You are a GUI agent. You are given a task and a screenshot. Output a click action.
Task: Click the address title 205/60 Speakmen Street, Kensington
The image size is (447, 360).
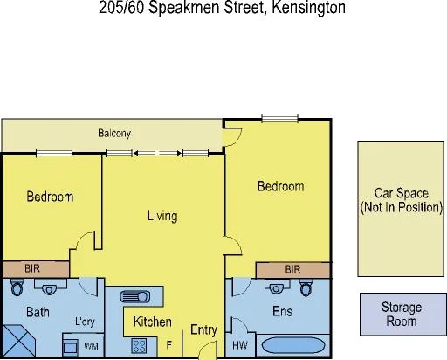pos(223,9)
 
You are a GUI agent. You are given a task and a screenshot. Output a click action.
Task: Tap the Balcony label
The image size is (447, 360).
pos(113,134)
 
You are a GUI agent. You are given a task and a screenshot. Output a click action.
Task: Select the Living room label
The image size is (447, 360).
pos(162,216)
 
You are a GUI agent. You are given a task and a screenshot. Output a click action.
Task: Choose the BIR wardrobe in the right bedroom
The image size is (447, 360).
pos(293,268)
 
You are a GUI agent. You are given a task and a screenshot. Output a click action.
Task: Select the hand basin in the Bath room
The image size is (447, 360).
pos(50,287)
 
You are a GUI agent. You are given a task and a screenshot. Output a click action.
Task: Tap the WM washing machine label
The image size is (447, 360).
pos(91,347)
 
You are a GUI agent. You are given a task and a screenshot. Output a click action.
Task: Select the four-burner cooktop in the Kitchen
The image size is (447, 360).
pos(140,345)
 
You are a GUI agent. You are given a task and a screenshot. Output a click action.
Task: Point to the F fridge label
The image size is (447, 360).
pos(169,347)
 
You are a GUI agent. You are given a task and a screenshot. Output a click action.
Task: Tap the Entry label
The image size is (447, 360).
pos(203,329)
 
